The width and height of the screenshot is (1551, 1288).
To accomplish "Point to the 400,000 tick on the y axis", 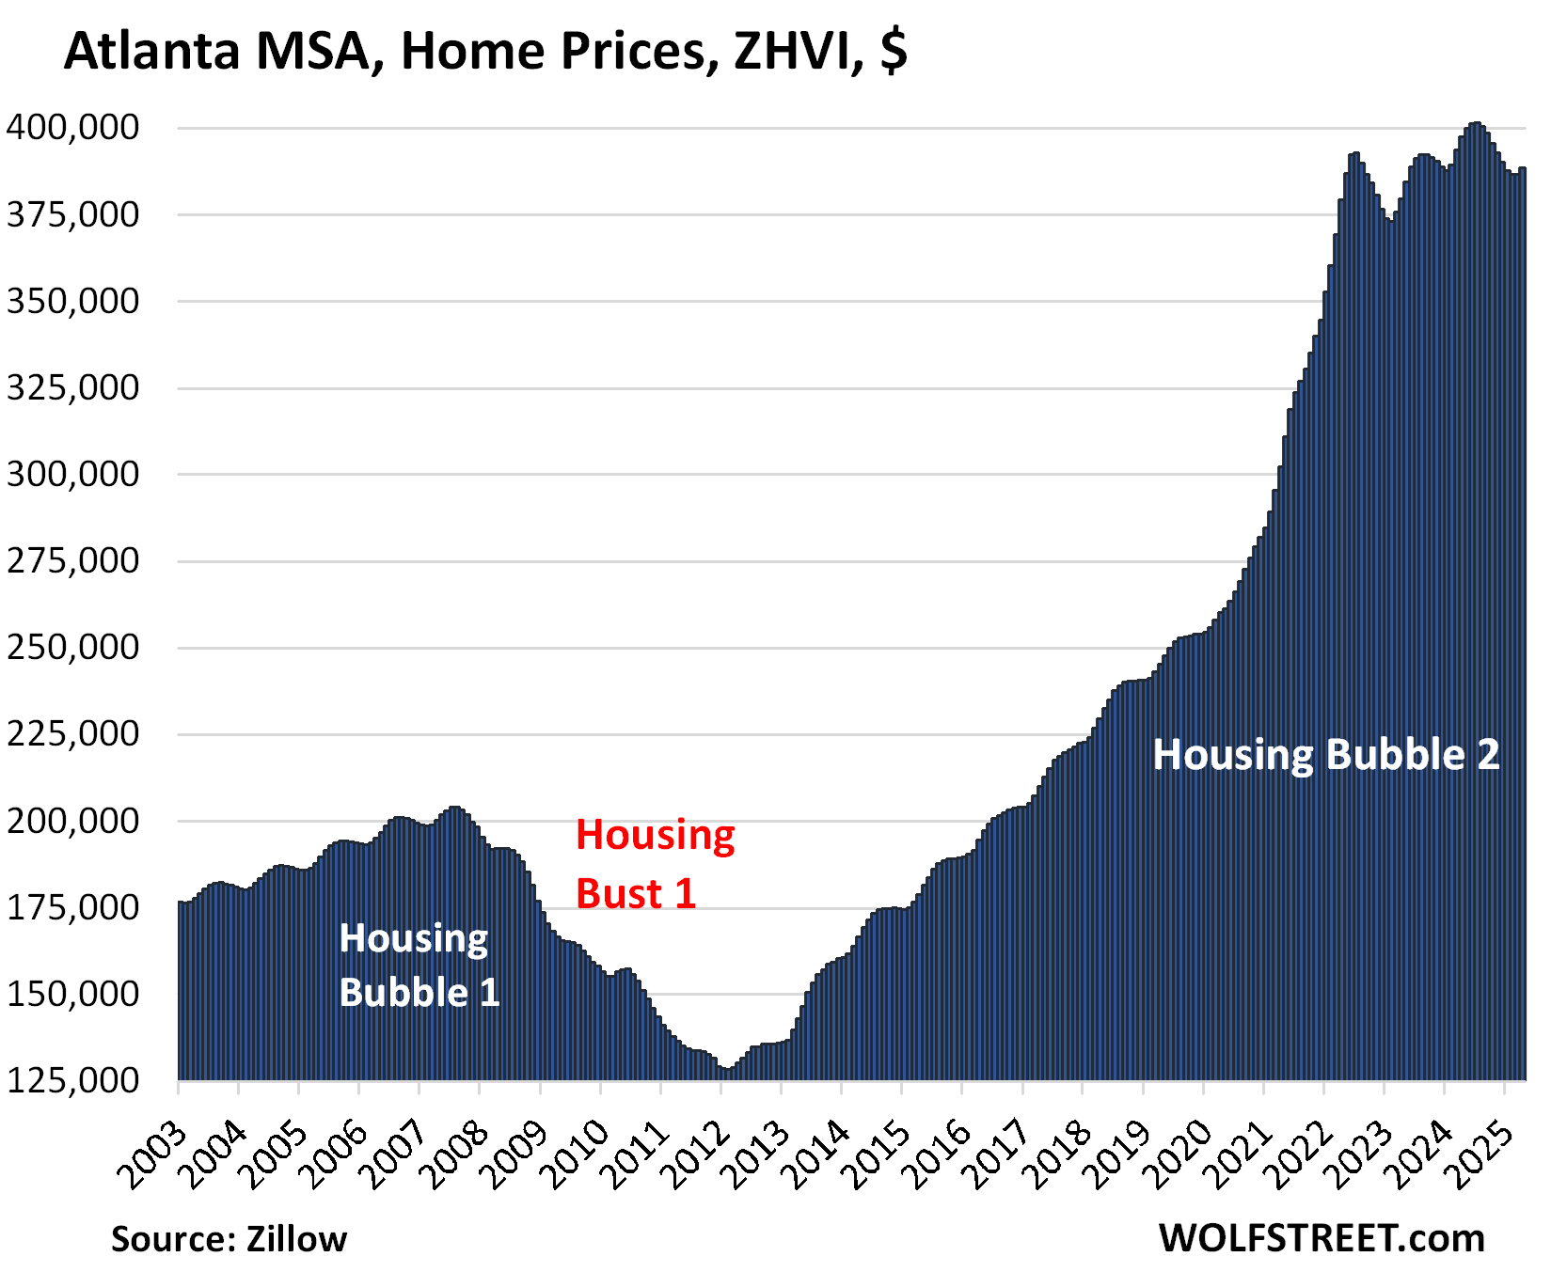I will (73, 127).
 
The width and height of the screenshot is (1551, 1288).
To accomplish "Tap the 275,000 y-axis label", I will (73, 561).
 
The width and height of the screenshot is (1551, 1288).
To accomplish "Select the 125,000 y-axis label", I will (73, 1080).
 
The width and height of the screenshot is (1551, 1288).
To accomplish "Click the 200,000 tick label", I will (73, 821).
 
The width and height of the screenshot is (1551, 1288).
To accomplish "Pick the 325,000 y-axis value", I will (73, 387).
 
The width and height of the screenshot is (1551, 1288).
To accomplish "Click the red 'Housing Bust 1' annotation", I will (654, 864).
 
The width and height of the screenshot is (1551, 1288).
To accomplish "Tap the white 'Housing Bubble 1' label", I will (419, 966).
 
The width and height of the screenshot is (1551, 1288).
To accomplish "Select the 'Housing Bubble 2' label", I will (1326, 755).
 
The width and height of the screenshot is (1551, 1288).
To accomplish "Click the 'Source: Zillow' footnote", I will (229, 1239).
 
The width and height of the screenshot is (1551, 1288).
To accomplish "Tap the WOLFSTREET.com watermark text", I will (1322, 1238).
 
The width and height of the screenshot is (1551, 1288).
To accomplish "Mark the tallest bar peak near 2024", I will (1476, 125).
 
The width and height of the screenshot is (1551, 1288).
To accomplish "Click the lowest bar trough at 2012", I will (725, 1070).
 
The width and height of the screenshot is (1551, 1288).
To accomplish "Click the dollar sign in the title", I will (894, 51).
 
